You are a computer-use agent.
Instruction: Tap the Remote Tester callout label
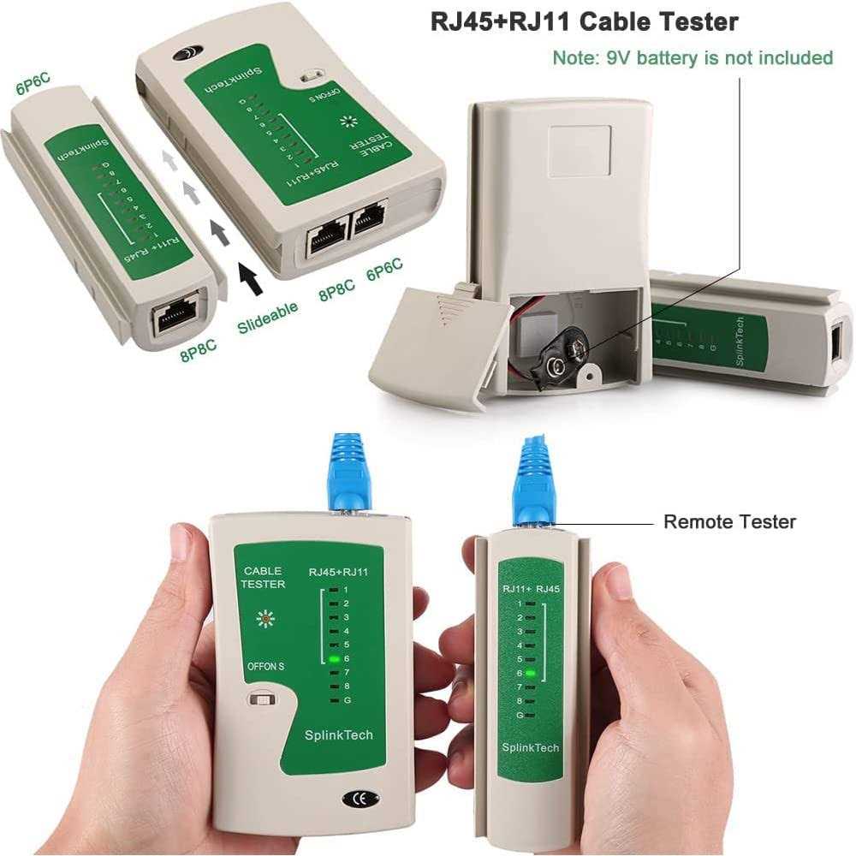(729, 521)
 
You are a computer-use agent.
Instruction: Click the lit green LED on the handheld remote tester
(531, 674)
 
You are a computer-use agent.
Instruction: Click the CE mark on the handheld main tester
(356, 800)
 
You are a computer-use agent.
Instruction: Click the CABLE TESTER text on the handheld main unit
(264, 578)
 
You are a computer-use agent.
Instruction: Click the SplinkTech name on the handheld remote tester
(531, 747)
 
